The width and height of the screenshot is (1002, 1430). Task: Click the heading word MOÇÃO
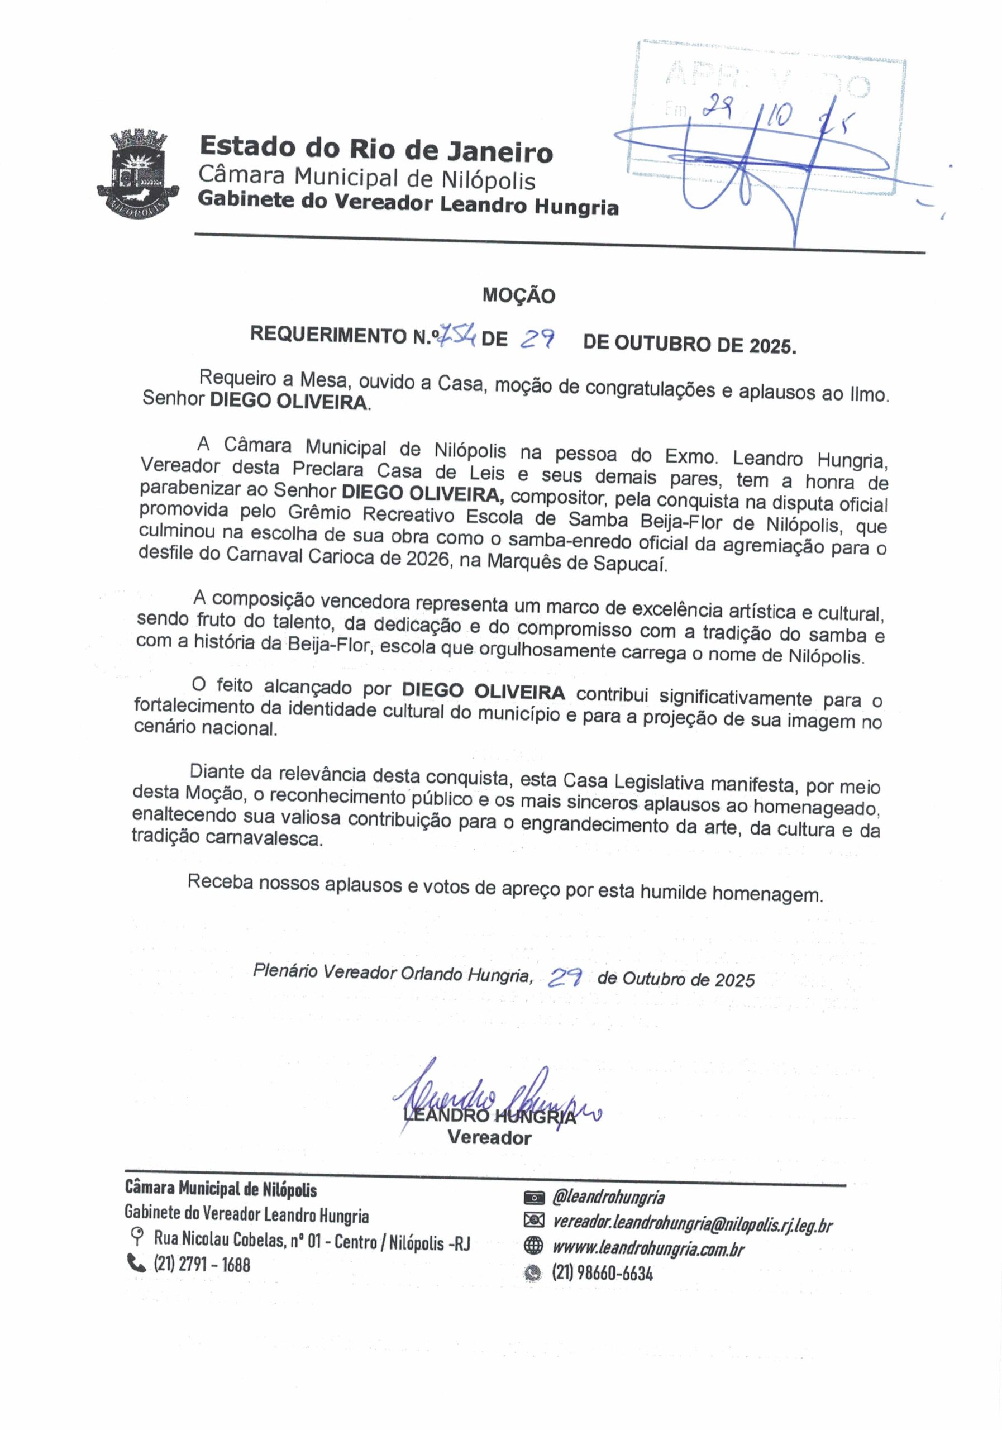(x=518, y=295)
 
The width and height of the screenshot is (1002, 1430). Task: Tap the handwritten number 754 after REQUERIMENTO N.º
(x=456, y=337)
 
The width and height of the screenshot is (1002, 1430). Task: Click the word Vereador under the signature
(x=489, y=1138)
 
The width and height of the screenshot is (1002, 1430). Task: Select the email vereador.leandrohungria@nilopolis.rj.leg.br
(x=692, y=1224)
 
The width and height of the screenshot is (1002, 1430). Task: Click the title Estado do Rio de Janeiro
(x=375, y=150)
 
